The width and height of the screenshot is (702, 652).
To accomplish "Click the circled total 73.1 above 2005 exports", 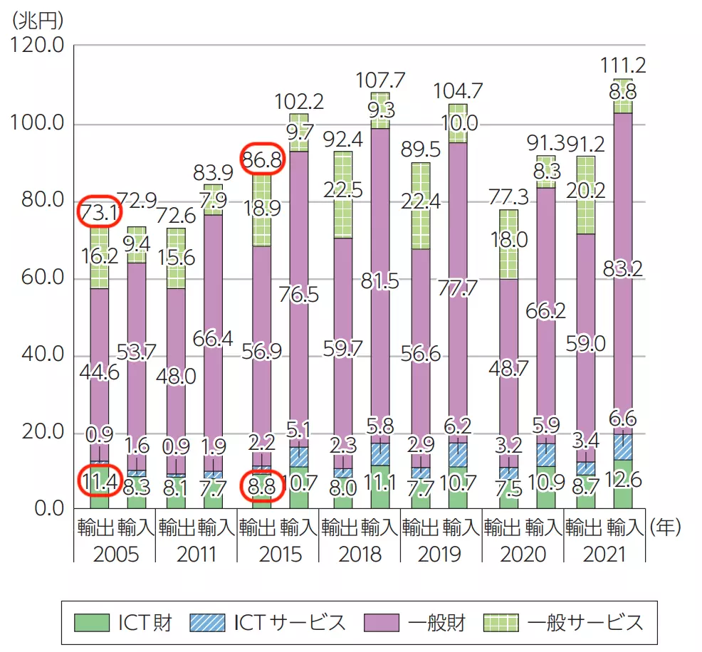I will (98, 212).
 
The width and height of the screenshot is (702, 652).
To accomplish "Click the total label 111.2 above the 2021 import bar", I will (624, 65).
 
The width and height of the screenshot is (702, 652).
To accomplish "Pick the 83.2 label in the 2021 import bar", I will (624, 268).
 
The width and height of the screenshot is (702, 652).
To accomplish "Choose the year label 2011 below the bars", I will (195, 553).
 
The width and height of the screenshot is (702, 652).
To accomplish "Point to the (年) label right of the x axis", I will (664, 527).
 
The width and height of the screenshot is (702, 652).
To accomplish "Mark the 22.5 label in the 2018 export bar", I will (343, 191).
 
